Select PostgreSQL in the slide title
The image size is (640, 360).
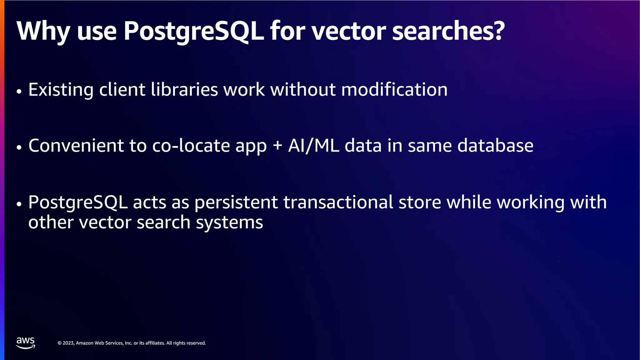194,31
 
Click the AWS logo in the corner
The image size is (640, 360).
26,342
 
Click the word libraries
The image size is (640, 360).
184,90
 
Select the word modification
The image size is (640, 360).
394,90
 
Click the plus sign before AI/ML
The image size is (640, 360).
277,146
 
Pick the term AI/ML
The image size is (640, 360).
313,146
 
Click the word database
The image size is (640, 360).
495,146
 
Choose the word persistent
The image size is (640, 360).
236,202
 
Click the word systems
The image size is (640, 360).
229,222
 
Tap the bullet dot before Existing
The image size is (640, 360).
19,91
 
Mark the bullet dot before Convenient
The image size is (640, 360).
19,147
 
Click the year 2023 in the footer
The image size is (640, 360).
68,343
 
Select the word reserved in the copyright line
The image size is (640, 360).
196,343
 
